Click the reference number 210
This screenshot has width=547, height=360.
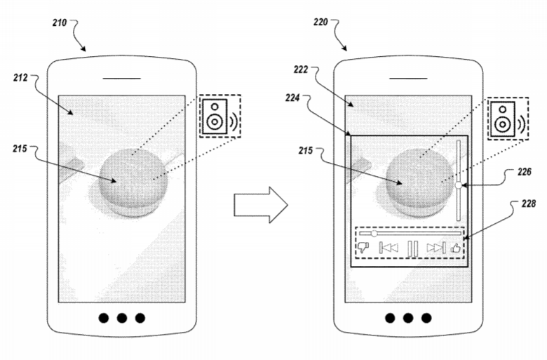coord(60,23)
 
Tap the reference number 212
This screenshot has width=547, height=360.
coord(20,77)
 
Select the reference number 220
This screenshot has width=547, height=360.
coord(320,22)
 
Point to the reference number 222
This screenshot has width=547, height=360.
coord(301,70)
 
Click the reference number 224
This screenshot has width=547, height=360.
coord(292,98)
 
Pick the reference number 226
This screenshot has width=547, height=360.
coord(525,172)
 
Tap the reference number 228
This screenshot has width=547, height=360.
coord(529,204)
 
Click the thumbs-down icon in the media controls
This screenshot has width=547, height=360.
coord(363,247)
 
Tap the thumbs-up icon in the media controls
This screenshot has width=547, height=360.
coord(455,248)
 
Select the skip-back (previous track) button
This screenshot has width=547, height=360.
coord(389,248)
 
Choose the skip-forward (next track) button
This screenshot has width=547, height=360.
coord(436,248)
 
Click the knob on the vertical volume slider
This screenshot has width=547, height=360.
coord(459,185)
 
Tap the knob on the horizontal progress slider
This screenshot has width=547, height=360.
coord(374,233)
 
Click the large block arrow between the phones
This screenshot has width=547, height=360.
coord(261,205)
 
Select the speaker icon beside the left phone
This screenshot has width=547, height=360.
coord(215,116)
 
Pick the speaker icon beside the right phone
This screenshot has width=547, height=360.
coord(503,119)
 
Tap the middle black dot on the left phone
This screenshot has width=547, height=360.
coord(122,318)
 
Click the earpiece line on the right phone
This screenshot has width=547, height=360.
coord(408,78)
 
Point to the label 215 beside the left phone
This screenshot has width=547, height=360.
coord(20,149)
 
